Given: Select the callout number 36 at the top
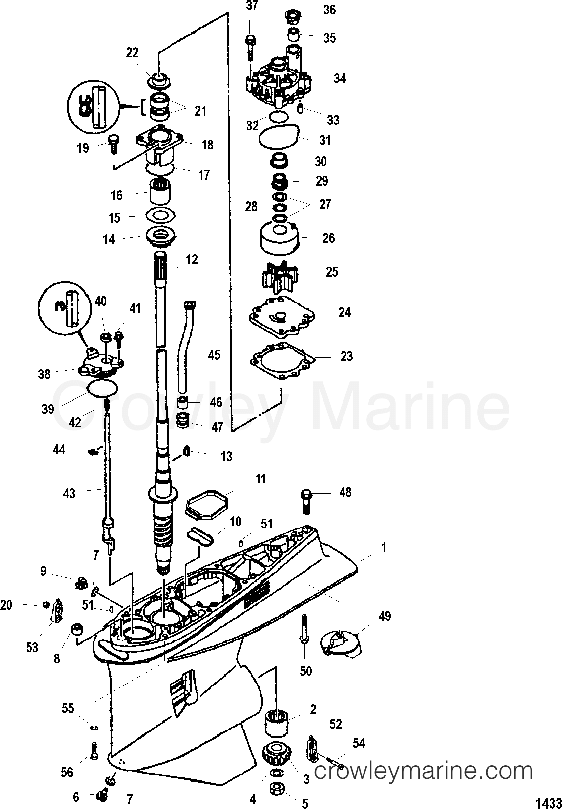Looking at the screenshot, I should coord(329,10).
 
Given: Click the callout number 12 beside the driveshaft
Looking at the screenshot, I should coord(192,260).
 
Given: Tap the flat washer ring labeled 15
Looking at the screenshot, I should coord(160,215).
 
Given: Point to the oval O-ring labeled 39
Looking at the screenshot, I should coord(102,389).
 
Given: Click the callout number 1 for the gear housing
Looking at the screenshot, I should coord(384,548).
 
